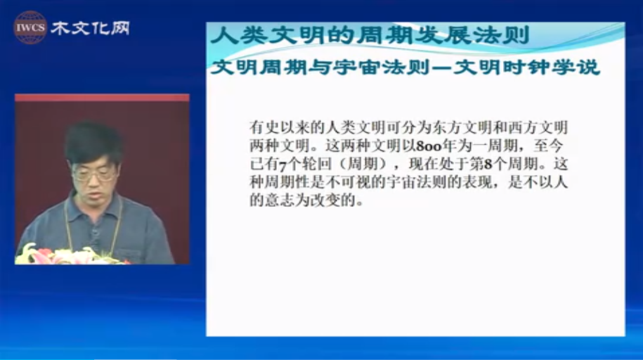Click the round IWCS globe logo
tap(30, 27)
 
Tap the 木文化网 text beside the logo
tap(90, 28)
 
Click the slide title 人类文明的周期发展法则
tap(370, 35)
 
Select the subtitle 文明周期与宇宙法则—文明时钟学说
tap(405, 67)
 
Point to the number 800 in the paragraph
tap(429, 146)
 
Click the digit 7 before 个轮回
tap(282, 165)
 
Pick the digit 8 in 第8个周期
tap(488, 165)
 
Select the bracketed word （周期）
tap(363, 165)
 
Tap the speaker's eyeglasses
tap(94, 174)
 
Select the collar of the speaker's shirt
tap(94, 205)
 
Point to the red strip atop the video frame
tap(102, 98)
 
